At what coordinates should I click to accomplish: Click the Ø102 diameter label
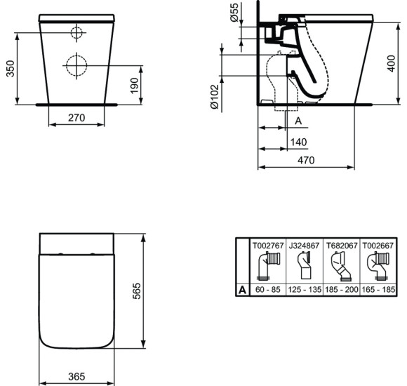point(215,96)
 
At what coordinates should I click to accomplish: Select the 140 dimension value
point(298,142)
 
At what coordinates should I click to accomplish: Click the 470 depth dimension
point(305,160)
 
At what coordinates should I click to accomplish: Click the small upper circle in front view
point(76,32)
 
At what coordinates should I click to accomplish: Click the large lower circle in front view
point(76,65)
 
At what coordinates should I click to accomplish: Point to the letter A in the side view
point(298,121)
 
